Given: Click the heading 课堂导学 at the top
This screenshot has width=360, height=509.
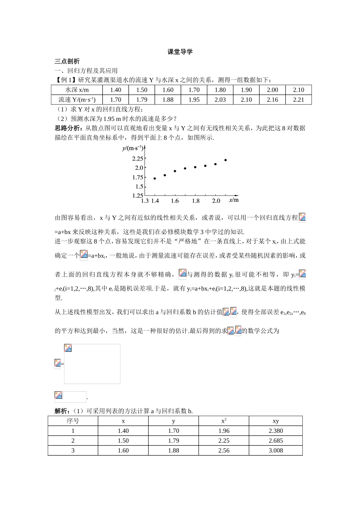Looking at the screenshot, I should point(180,52).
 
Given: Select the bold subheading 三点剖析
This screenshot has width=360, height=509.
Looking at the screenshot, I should point(67,61).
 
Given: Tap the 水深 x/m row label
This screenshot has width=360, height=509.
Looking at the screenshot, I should point(77,90).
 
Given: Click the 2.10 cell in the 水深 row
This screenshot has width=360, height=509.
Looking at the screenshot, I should point(298,90).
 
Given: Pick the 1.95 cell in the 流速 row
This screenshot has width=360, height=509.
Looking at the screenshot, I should point(194,100).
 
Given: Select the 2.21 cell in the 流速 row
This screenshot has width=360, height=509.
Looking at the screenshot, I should point(298,100).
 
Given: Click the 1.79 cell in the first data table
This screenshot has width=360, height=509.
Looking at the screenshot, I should point(141,100).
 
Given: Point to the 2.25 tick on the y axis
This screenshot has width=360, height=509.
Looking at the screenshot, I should point(138,158).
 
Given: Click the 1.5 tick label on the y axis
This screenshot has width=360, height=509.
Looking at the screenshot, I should point(139,186).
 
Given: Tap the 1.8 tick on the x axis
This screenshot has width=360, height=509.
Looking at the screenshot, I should point(196,201).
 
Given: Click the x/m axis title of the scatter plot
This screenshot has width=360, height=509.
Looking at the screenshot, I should point(234,200).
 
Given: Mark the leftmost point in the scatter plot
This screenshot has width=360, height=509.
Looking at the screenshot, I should point(155,178).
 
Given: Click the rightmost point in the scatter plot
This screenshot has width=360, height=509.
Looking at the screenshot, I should point(225,160).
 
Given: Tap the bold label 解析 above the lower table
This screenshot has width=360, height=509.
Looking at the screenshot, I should point(62,411).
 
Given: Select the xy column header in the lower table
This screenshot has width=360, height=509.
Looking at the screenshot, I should point(275,421).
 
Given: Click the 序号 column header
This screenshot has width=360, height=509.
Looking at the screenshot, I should point(73,421).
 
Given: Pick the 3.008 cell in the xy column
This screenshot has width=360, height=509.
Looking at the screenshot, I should point(275,450).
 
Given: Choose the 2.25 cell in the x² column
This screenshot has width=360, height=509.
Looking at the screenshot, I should point(224,440).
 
